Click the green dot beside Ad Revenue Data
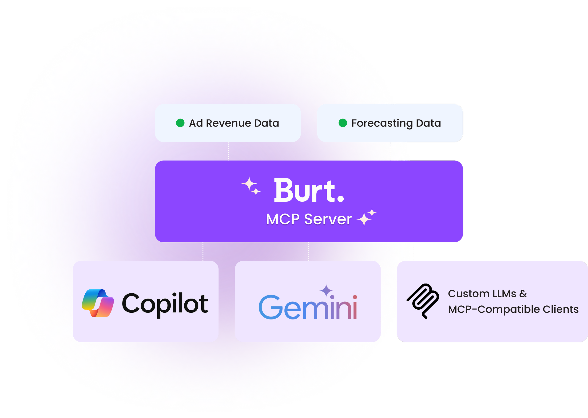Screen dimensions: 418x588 [180, 123]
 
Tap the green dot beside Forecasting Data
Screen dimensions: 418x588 [343, 123]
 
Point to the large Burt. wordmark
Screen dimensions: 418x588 [309, 191]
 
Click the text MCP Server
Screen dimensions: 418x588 [309, 219]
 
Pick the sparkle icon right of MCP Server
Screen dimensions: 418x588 [367, 217]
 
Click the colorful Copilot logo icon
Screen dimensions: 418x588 [98, 303]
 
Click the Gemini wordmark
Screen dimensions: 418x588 [308, 307]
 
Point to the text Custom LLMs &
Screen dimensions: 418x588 [487, 294]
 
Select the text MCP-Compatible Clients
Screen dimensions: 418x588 [513, 309]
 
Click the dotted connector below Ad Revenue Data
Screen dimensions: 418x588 [228, 151]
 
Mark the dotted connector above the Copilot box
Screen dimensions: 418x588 [203, 252]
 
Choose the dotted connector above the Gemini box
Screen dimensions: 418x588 [308, 252]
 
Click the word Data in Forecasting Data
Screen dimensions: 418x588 [428, 123]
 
